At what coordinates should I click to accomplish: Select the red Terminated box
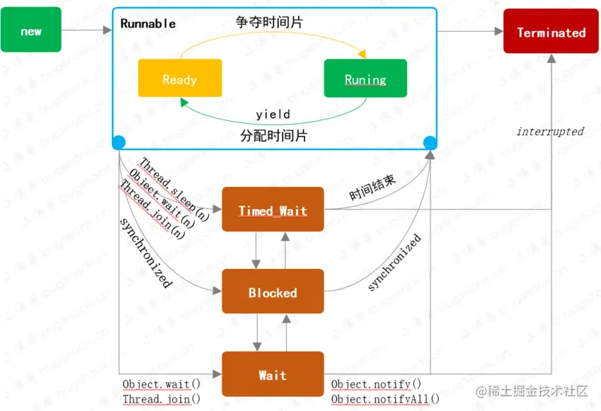click(551, 32)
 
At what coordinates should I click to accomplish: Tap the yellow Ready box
click(179, 79)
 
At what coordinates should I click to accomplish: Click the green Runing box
click(364, 79)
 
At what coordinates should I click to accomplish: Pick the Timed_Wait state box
click(273, 210)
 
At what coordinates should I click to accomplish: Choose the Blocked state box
click(273, 292)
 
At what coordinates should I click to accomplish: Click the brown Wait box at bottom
click(273, 374)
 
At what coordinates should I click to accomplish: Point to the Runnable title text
click(148, 23)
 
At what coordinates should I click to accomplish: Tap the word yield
click(273, 114)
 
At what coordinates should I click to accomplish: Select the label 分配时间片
click(273, 136)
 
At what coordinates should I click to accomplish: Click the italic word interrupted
click(549, 131)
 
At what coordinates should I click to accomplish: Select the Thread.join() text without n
click(162, 399)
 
